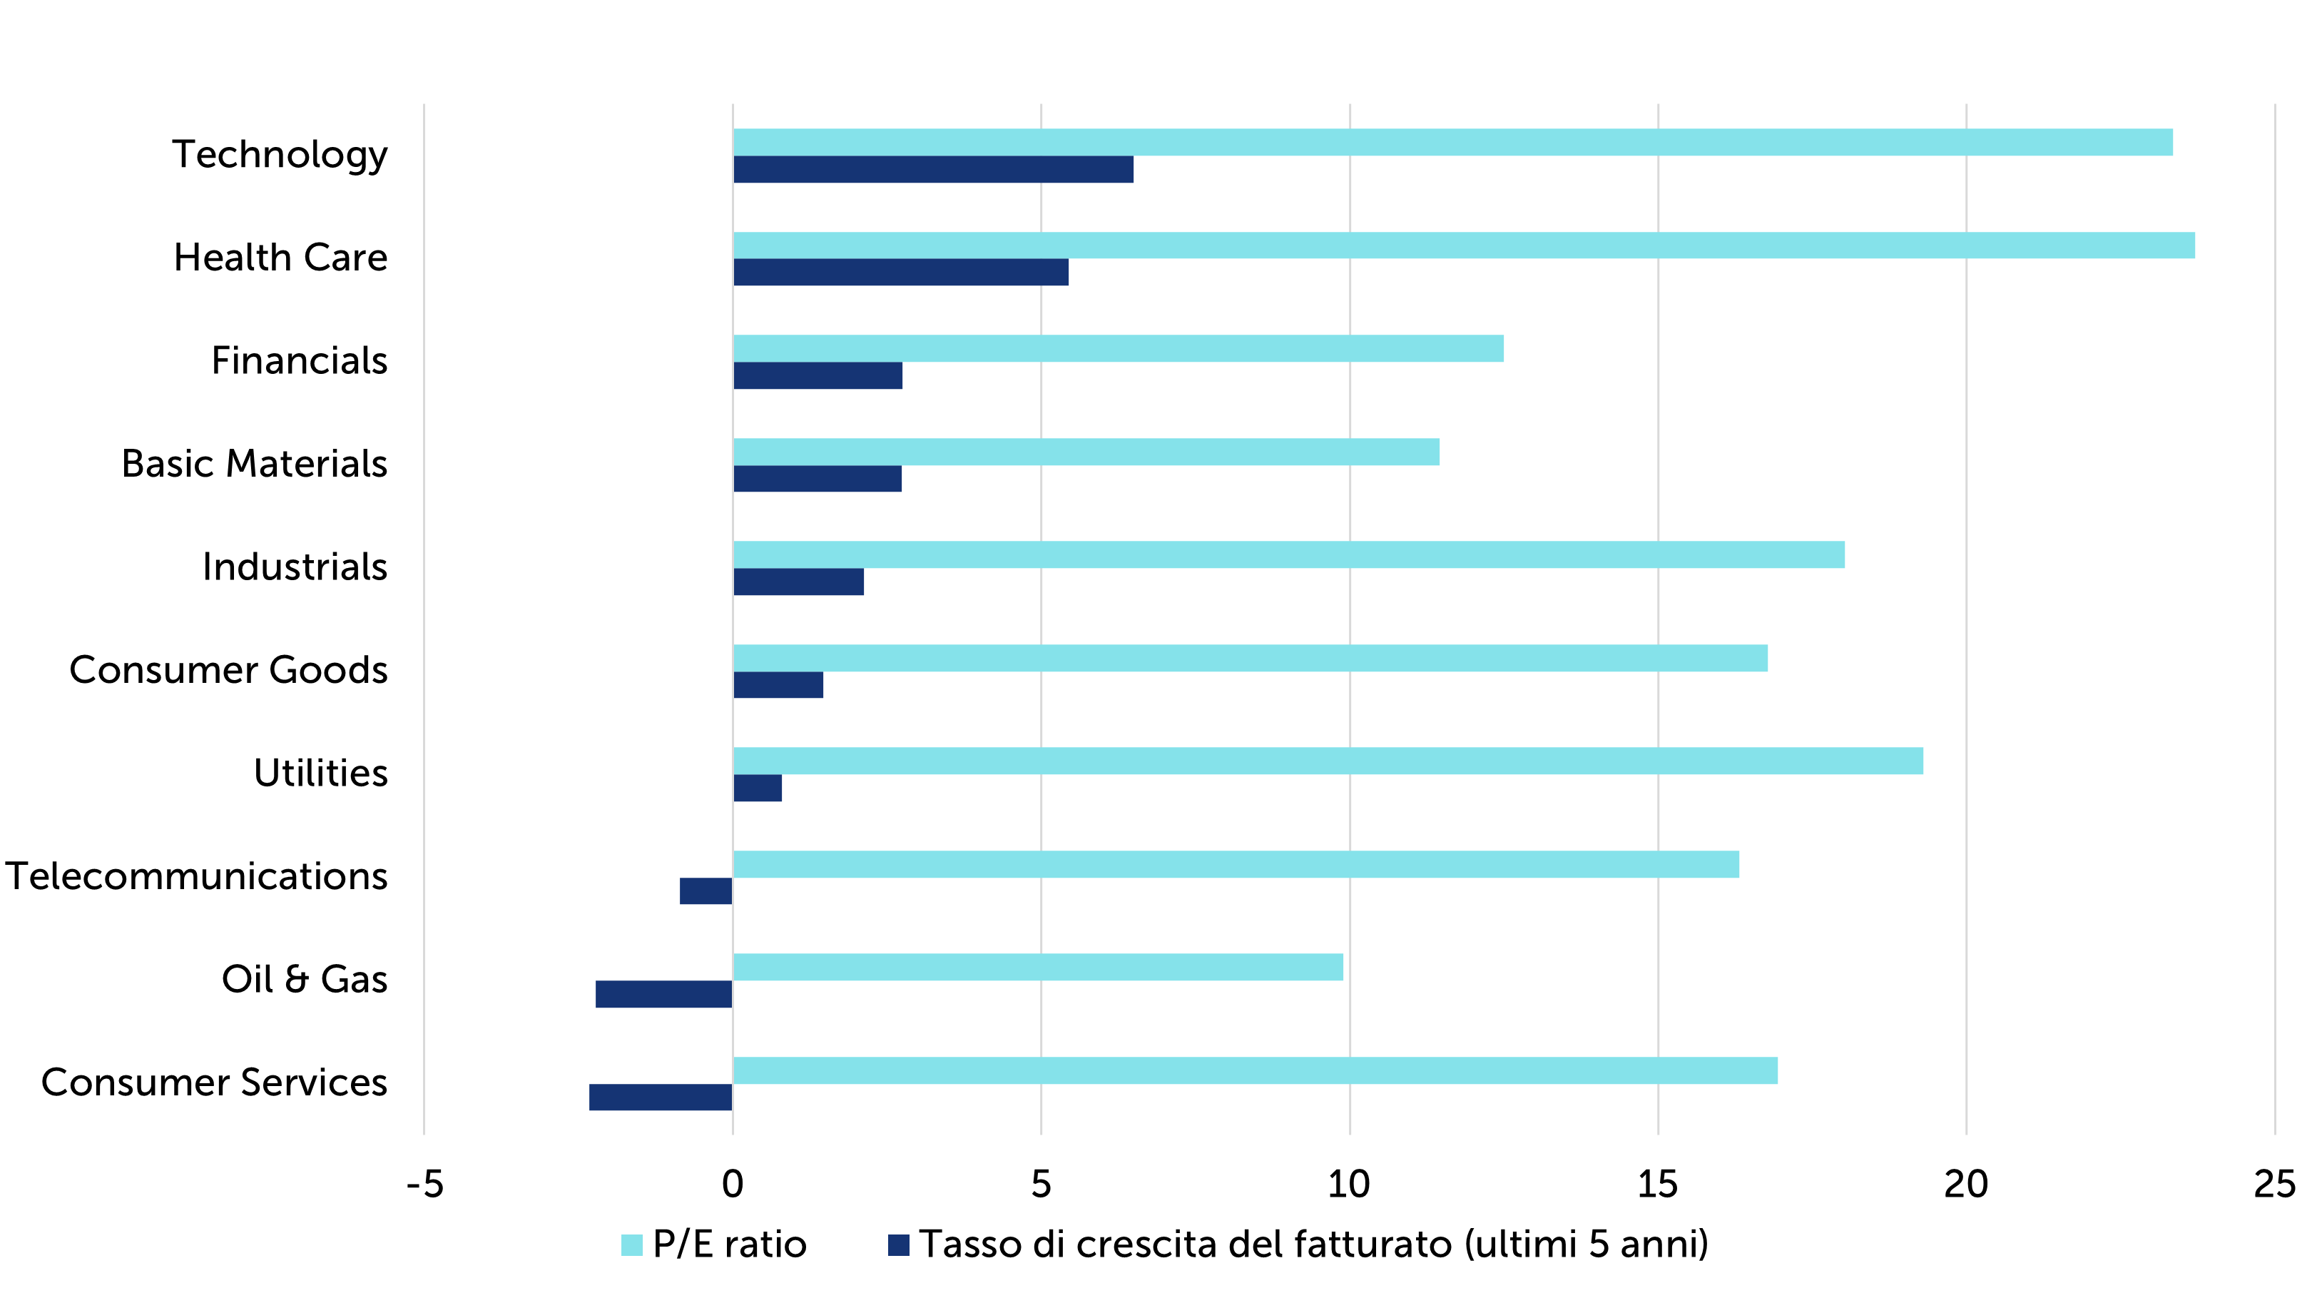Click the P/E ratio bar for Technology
[1452, 142]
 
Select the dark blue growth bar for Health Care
[900, 273]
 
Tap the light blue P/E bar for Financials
[1118, 348]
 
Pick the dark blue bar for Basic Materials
[817, 479]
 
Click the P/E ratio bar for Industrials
[1288, 555]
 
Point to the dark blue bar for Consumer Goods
[778, 684]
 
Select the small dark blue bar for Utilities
[758, 788]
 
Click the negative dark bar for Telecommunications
[706, 891]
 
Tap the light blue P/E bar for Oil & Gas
[1038, 967]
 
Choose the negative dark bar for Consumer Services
[661, 1097]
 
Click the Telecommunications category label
[197, 876]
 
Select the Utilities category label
[320, 774]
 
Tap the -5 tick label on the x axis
[424, 1185]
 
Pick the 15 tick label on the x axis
[1657, 1185]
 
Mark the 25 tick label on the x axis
[2273, 1185]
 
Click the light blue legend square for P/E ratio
[631, 1245]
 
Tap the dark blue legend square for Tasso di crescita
[897, 1245]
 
